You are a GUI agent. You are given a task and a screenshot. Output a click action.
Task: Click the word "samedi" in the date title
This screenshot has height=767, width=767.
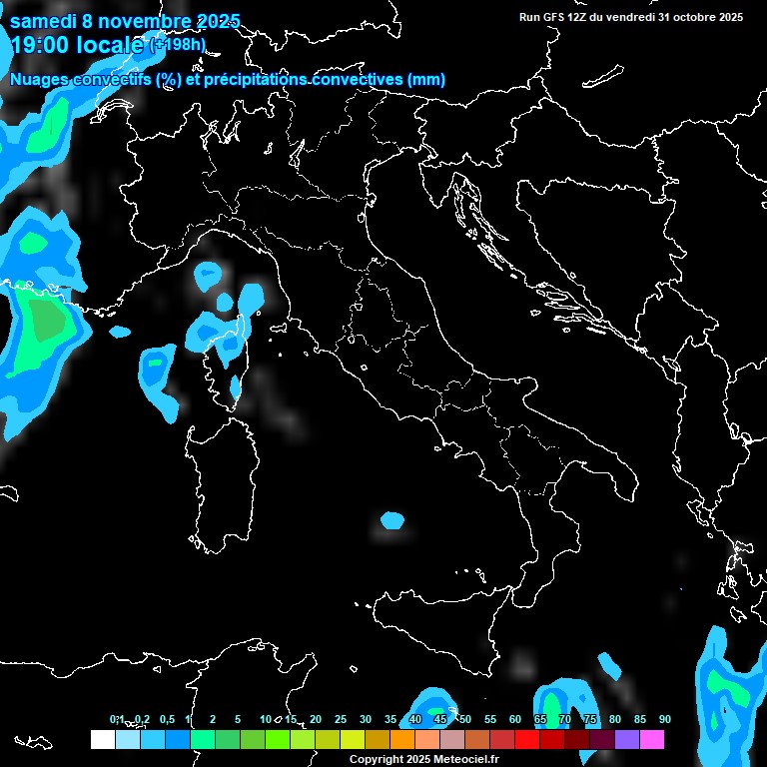click(x=43, y=21)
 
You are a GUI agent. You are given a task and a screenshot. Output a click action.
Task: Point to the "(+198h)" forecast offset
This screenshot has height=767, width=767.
click(x=177, y=44)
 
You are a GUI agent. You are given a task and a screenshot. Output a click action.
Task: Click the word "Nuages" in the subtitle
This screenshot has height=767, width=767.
click(x=41, y=80)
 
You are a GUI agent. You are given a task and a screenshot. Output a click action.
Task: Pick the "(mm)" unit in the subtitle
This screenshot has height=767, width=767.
click(x=426, y=80)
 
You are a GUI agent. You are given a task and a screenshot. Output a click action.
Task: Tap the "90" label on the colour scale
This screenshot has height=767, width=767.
click(x=664, y=720)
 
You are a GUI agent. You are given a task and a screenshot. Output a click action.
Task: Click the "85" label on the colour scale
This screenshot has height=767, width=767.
click(x=639, y=720)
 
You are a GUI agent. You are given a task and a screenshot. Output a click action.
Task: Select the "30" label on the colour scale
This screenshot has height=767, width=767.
click(x=365, y=720)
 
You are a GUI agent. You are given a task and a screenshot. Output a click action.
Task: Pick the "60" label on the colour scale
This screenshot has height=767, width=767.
click(x=514, y=720)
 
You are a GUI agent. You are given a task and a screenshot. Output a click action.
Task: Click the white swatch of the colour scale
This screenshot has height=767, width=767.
click(x=102, y=739)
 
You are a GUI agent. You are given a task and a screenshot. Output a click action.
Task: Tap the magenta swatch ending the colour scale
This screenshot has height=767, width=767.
click(x=652, y=739)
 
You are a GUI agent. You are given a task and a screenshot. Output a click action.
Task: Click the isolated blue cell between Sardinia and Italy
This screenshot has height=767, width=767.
click(x=392, y=520)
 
